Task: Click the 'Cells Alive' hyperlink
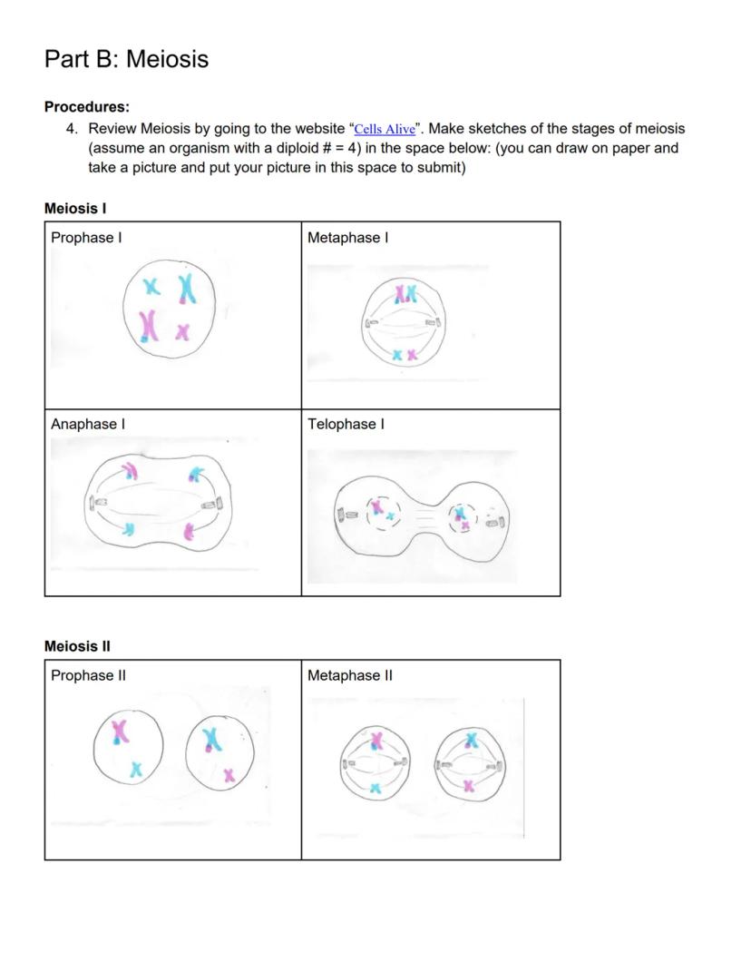(x=385, y=130)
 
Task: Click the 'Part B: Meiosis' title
(x=126, y=59)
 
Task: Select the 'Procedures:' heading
(x=87, y=106)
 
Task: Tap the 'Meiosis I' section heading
(x=75, y=209)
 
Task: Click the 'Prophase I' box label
(x=86, y=238)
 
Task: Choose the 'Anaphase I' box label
(x=88, y=424)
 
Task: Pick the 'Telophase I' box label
(x=346, y=424)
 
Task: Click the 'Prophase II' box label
(x=88, y=675)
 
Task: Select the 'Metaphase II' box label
(x=350, y=675)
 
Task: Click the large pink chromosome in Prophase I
(x=148, y=325)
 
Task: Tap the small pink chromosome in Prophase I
(x=183, y=332)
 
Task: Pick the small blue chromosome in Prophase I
(x=153, y=288)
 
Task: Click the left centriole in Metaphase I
(x=371, y=322)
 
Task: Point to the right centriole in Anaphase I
(x=211, y=504)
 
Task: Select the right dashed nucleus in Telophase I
(x=463, y=517)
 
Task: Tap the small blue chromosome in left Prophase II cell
(x=136, y=770)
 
